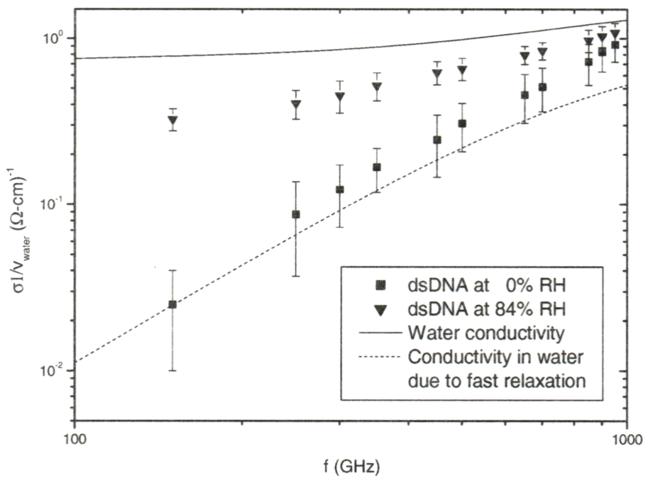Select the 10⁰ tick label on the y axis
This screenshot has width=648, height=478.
[x=55, y=38]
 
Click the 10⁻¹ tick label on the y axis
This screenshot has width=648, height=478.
[x=55, y=204]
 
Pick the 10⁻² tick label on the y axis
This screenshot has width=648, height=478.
[x=55, y=371]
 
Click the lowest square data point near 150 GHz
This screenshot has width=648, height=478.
[x=172, y=304]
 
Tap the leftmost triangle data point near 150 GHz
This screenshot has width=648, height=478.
[x=172, y=121]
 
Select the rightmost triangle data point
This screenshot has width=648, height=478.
[x=615, y=34]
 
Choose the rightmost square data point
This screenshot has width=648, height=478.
[x=615, y=45]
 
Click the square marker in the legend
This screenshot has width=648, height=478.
[x=380, y=286]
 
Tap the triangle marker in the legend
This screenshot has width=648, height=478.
[x=380, y=309]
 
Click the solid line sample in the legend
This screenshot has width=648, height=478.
[x=380, y=333]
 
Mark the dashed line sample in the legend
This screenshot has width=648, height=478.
[x=380, y=356]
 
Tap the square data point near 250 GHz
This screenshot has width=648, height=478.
[x=296, y=214]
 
